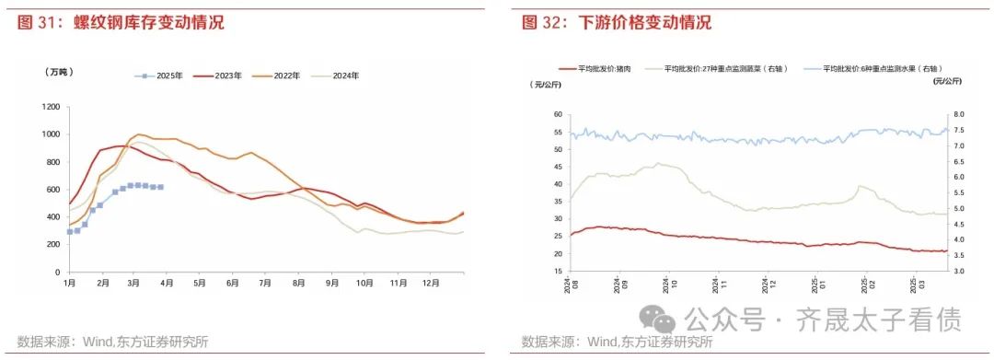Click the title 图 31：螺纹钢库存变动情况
click(x=121, y=22)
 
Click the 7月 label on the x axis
click(x=266, y=285)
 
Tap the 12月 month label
click(x=431, y=285)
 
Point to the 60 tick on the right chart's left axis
click(x=555, y=115)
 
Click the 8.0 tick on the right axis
click(x=957, y=115)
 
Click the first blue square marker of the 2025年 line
click(x=69, y=232)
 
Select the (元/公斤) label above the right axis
click(x=947, y=83)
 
